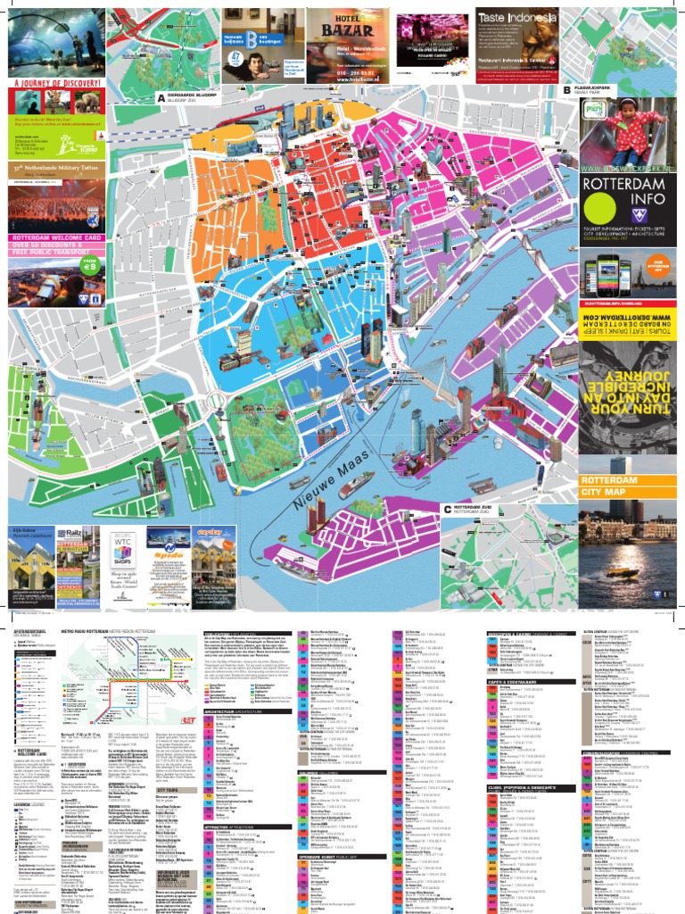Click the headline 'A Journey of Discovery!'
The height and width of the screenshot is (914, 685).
point(53,83)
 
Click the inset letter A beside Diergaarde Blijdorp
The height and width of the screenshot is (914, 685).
point(161,96)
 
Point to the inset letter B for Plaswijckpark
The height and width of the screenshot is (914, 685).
point(565,90)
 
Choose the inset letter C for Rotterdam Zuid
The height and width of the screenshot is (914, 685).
point(447,509)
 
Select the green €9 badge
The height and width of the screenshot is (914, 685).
point(89,267)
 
